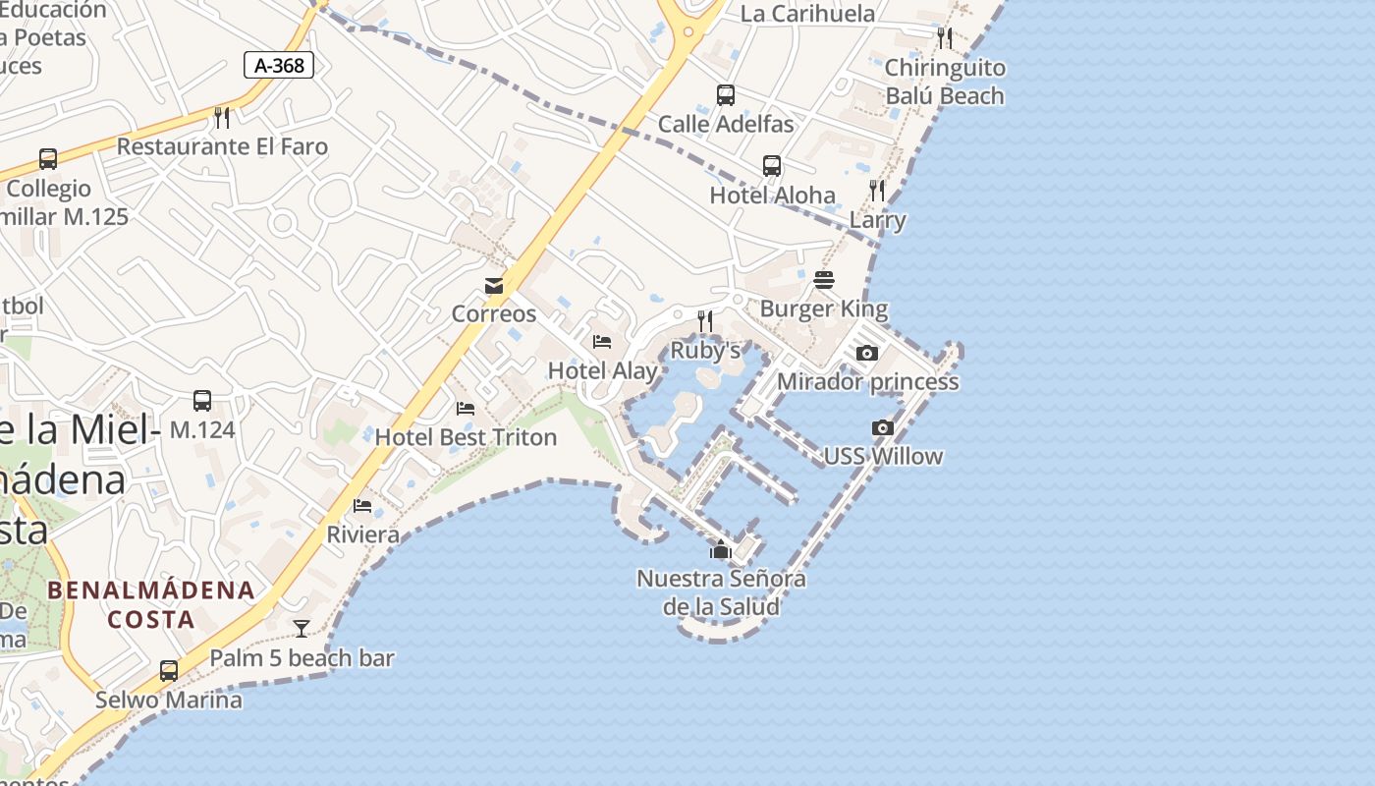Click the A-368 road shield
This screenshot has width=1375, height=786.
(279, 66)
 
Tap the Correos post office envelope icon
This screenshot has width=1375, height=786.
(494, 286)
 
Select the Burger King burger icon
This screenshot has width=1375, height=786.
(824, 280)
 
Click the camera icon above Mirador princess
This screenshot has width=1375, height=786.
(867, 353)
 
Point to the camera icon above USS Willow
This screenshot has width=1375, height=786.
(883, 427)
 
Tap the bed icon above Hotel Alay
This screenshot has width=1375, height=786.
(602, 342)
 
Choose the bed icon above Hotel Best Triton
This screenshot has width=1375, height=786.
(466, 409)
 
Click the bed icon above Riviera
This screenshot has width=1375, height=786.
(362, 506)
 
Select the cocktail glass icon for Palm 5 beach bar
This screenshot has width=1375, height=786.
(302, 629)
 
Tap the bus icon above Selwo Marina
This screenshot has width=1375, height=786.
(169, 671)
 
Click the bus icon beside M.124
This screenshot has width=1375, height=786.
(202, 401)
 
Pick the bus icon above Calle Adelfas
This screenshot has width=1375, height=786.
(726, 95)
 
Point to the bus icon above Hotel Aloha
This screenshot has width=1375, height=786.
(772, 166)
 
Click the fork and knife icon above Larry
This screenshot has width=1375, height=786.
(877, 191)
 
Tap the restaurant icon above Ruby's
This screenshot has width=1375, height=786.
(704, 321)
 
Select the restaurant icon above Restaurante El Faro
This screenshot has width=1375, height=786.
(222, 118)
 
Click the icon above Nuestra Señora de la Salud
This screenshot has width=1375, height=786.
(721, 549)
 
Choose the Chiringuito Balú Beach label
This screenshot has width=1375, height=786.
(945, 82)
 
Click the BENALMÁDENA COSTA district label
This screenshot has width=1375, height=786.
(151, 605)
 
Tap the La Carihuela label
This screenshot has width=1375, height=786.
(807, 14)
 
